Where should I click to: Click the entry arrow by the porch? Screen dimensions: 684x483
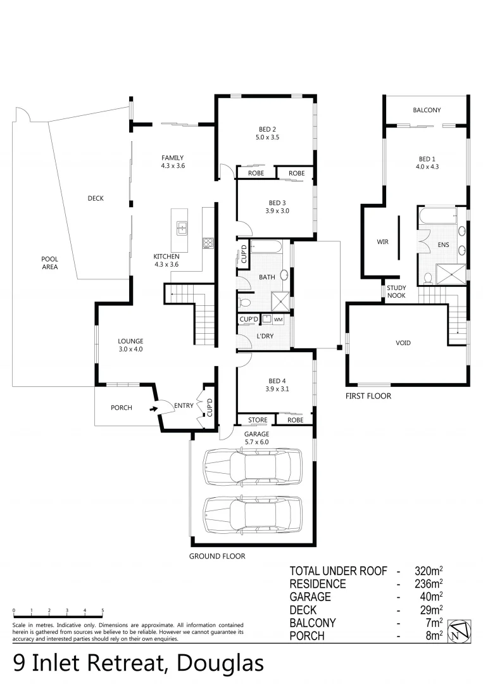(x=152, y=408)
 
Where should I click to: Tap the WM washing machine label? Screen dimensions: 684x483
(x=278, y=320)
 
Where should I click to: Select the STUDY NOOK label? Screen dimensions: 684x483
(x=398, y=291)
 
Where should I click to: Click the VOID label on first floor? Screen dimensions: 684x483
(x=403, y=343)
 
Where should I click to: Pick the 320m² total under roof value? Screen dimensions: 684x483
(x=427, y=571)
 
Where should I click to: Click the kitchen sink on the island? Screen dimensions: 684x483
(x=182, y=228)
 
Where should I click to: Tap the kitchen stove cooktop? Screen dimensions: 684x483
(x=207, y=242)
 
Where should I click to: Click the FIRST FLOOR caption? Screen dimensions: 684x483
(x=368, y=396)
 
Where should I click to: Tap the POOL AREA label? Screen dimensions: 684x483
(x=50, y=263)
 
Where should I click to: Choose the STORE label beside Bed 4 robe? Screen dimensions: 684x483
(x=258, y=420)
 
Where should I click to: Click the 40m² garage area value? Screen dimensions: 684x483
(x=430, y=597)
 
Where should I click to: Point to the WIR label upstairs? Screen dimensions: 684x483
(x=382, y=242)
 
